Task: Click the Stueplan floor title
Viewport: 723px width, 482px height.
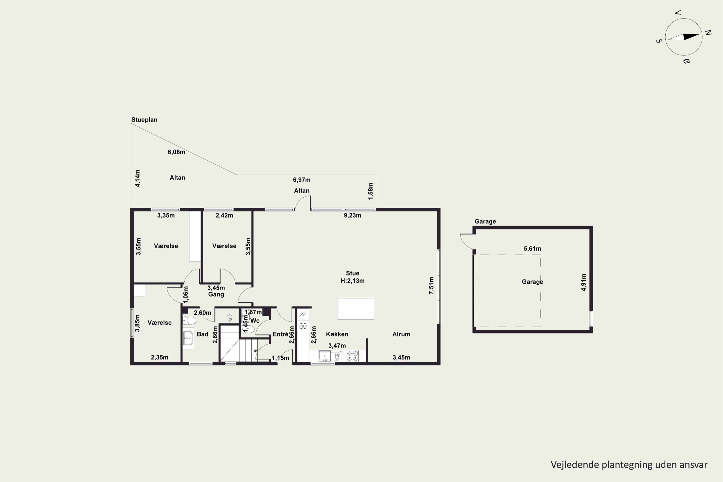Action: [x=144, y=120]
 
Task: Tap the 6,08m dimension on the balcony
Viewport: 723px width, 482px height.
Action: [x=176, y=152]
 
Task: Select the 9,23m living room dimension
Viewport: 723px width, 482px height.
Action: [x=352, y=215]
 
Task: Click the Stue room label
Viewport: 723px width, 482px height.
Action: [x=352, y=273]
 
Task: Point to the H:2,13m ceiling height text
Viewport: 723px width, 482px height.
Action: [x=352, y=281]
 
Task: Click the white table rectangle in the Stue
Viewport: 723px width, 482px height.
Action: [x=356, y=309]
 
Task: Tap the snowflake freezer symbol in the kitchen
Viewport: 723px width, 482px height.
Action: [x=303, y=326]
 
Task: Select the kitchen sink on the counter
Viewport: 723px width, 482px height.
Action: [x=324, y=356]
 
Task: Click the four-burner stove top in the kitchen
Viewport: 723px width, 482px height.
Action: [x=352, y=356]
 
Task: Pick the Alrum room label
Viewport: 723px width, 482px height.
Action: [x=401, y=334]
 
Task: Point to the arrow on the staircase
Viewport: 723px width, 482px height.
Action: [x=253, y=350]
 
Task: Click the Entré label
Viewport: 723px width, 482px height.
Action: [x=280, y=334]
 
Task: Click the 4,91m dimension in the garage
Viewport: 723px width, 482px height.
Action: [x=583, y=282]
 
